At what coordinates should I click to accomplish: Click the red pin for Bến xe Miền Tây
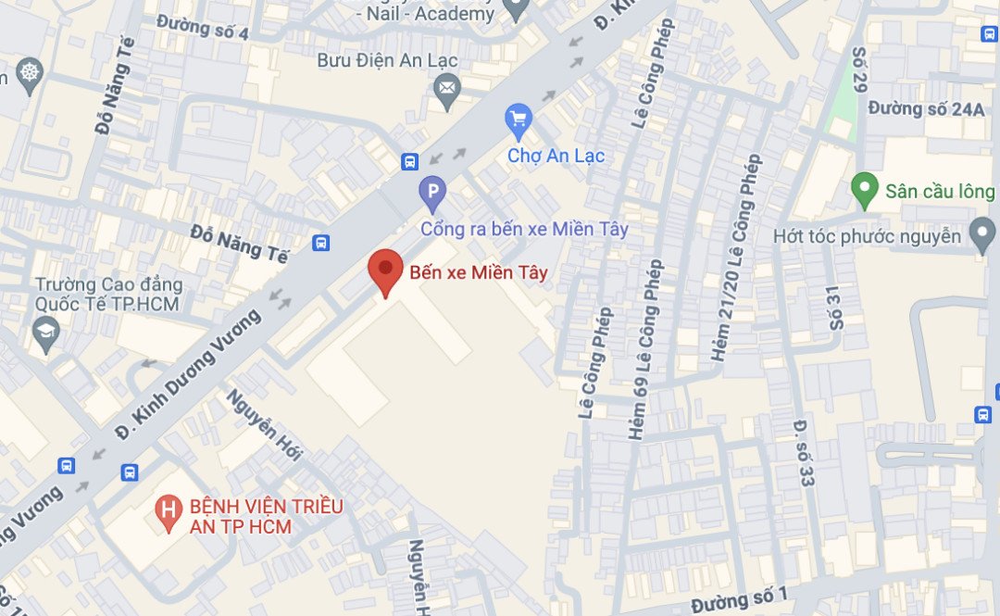point(385,270)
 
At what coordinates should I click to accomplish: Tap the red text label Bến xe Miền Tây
point(479,273)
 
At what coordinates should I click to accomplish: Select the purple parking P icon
point(431,194)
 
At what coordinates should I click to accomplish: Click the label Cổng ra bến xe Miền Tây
point(524,229)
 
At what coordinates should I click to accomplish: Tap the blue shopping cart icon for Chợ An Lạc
point(518,119)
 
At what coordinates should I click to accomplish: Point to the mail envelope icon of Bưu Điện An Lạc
point(447,89)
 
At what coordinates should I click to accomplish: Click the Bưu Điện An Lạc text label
point(387,61)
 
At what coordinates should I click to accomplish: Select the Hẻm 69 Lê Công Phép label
point(646,349)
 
